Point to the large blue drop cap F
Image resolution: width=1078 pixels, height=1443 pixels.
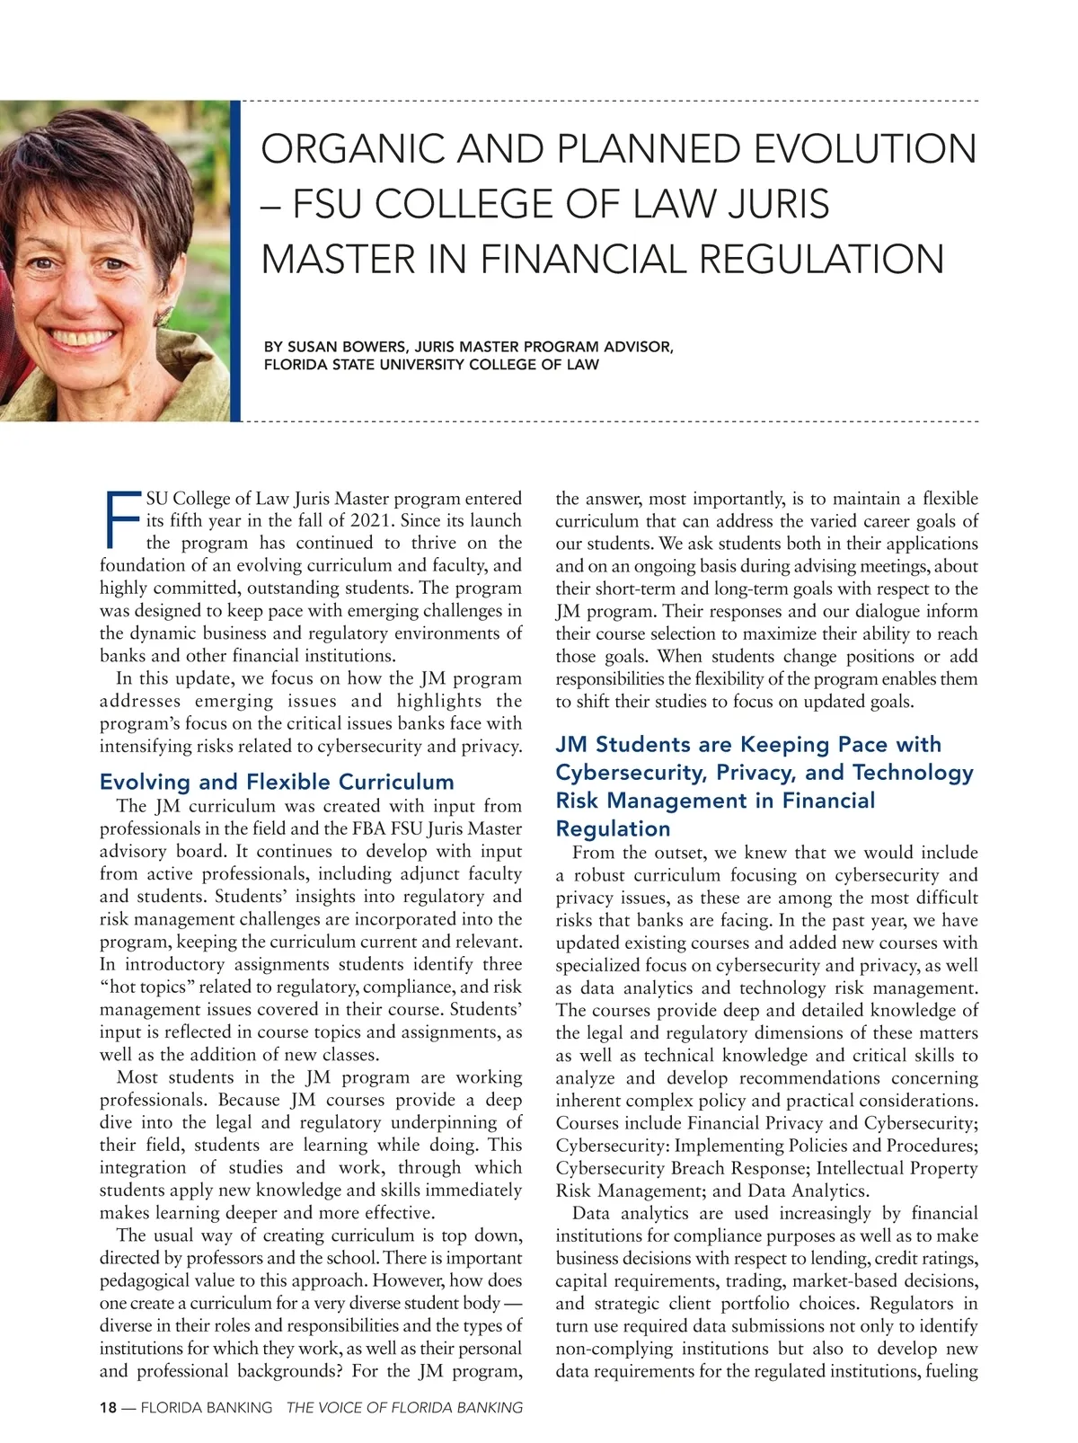click(x=121, y=520)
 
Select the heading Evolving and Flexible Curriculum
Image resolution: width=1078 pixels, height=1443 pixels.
click(x=277, y=782)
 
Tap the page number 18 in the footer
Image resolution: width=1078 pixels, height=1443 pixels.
click(x=108, y=1408)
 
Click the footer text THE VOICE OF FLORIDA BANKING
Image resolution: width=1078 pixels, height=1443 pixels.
click(x=404, y=1408)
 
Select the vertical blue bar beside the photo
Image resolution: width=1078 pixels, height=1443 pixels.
click(x=235, y=261)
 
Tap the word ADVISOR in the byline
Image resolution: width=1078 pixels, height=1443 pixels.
click(x=641, y=347)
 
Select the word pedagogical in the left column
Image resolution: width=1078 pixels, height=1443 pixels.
click(x=147, y=1280)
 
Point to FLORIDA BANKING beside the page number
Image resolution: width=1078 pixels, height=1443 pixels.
click(x=206, y=1408)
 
